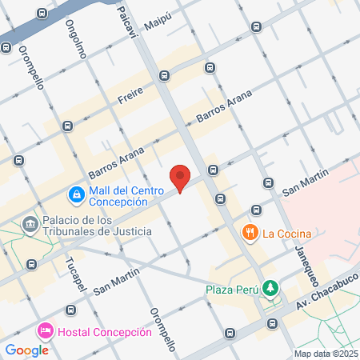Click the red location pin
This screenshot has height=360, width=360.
pos(181,178)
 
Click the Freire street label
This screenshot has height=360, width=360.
pos(130,98)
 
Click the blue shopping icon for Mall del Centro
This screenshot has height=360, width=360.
pos(76,193)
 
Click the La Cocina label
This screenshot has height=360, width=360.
pos(286,234)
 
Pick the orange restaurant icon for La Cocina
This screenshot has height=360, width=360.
pos(250,233)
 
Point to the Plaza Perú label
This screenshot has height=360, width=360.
pos(232,289)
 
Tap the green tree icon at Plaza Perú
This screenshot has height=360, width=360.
pos(270,287)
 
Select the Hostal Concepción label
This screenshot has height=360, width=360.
pos(104,332)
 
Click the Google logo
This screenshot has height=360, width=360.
pos(26,350)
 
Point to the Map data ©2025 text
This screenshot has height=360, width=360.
pos(324,354)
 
